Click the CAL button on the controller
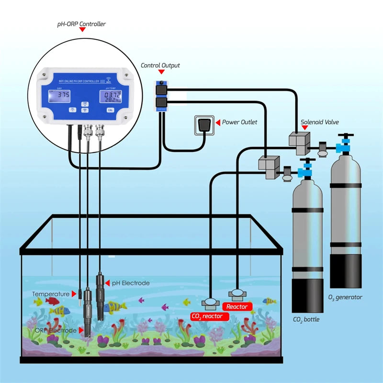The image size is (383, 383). click(110, 110)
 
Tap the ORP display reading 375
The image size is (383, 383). click(63, 96)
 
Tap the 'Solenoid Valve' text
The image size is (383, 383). click(319, 122)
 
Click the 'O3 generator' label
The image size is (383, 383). click(345, 297)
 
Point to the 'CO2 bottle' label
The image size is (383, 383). click(306, 319)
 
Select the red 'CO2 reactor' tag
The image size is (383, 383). click(207, 316)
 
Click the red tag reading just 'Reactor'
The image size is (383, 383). click(237, 306)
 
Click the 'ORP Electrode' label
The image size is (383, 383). click(56, 330)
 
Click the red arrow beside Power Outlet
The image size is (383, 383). click(218, 123)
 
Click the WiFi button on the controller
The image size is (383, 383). click(84, 110)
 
